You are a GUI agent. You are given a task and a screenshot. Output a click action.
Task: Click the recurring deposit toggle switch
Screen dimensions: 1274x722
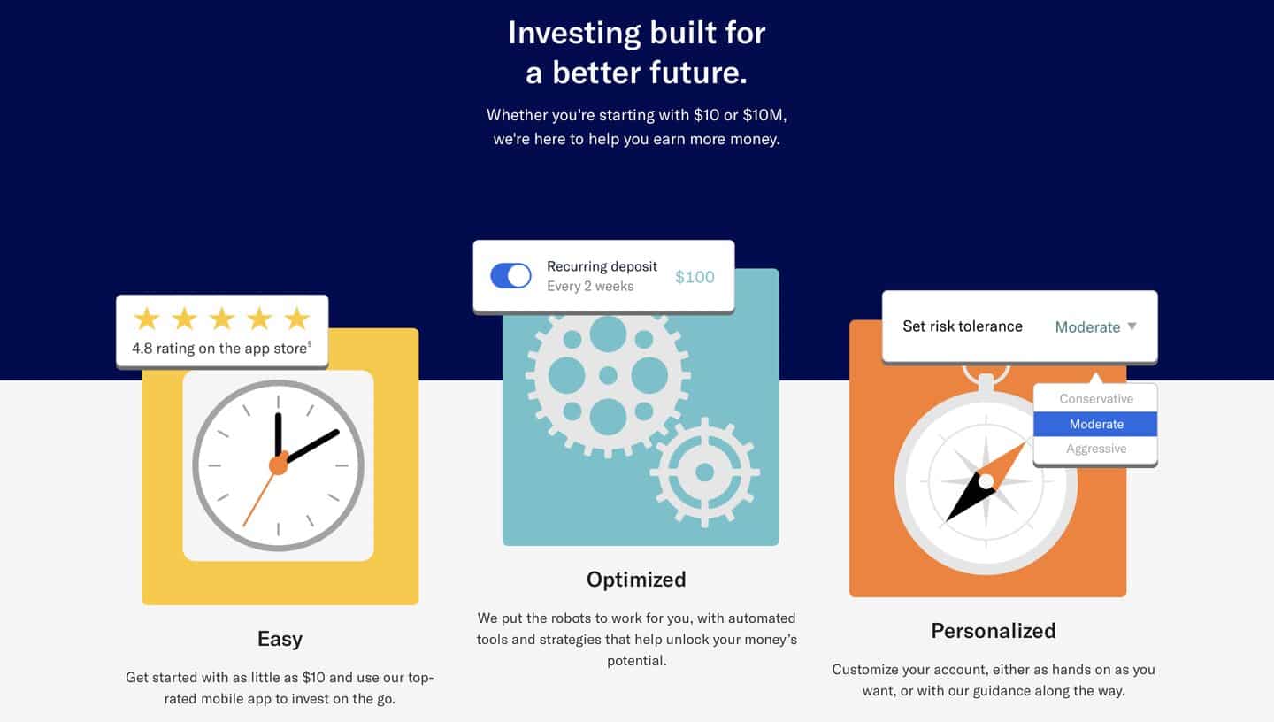pos(510,276)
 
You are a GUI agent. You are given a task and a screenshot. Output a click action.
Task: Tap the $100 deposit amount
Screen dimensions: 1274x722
pos(695,277)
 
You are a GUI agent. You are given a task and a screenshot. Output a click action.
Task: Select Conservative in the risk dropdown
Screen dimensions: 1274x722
pos(1096,399)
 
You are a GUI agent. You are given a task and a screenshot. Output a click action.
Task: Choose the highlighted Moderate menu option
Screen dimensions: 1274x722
pos(1095,424)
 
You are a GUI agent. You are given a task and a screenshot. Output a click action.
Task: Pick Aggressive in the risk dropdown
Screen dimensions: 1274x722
pos(1096,449)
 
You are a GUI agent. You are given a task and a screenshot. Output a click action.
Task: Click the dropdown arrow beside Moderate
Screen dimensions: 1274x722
pos(1132,326)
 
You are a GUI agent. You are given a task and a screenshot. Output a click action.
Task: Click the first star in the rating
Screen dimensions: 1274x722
pos(147,319)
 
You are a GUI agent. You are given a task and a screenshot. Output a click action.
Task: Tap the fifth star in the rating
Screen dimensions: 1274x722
pos(297,319)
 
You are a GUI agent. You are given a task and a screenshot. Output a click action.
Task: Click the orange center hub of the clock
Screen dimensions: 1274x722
pos(279,465)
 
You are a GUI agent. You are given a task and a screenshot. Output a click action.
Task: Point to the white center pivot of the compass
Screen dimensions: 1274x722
pos(986,482)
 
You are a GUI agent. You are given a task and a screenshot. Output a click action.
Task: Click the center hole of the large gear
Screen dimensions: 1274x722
pos(608,375)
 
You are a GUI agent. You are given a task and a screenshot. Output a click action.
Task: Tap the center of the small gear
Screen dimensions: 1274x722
pos(704,472)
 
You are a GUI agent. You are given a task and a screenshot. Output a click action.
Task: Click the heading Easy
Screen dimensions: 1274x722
pos(280,639)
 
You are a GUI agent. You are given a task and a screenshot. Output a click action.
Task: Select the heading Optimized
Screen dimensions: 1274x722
pos(636,580)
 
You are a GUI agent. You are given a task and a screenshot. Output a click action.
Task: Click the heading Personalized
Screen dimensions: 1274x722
pos(993,631)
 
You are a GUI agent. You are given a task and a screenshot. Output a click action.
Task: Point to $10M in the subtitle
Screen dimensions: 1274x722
pos(763,116)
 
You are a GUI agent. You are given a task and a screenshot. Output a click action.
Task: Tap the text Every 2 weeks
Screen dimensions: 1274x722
pos(590,286)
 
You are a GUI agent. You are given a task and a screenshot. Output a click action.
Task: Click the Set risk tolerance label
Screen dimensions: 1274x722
pos(963,326)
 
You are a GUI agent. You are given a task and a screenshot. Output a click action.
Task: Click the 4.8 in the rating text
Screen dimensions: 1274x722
pos(142,349)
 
